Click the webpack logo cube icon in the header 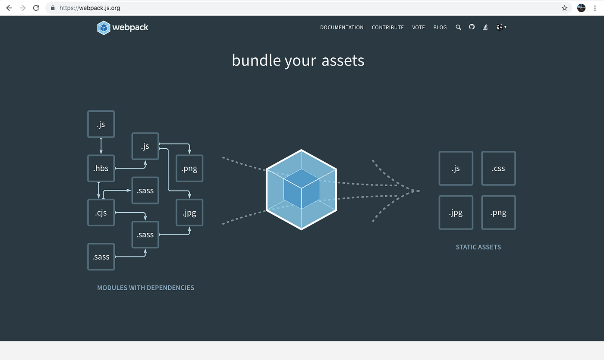pos(104,28)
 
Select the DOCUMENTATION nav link pos(342,28)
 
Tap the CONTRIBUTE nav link pos(388,28)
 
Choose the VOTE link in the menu pos(418,28)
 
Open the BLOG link pos(440,28)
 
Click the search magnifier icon pos(458,27)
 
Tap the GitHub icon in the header pos(472,27)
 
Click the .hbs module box pos(101,168)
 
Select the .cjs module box pos(101,213)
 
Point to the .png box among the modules pos(189,168)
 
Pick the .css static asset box pos(498,168)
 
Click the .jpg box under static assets pos(456,213)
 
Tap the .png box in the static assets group pos(498,213)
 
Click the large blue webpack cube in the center pos(301,190)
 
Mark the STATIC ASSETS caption pos(478,247)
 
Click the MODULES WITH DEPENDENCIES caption pos(145,288)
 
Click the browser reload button pos(36,8)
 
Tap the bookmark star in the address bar pos(564,8)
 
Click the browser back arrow pos(9,8)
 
